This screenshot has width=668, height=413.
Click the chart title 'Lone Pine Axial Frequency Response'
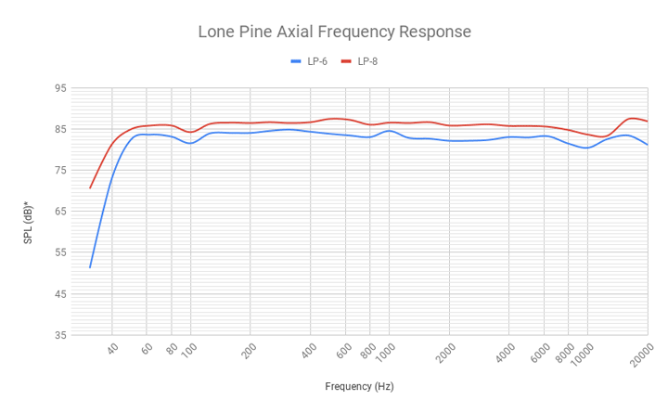pos(334,32)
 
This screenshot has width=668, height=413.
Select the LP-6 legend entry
pos(312,61)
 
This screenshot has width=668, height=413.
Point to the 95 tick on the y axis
pos(60,88)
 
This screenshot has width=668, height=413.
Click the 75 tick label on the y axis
pos(60,170)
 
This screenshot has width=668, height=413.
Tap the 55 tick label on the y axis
pos(60,252)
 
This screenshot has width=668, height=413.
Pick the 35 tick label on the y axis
pos(60,335)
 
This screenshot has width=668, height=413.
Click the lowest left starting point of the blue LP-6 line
pos(90,268)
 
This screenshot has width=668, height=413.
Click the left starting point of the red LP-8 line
pos(90,188)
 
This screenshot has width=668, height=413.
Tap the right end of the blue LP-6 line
pos(648,145)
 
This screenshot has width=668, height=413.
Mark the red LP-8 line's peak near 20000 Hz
pos(633,118)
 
